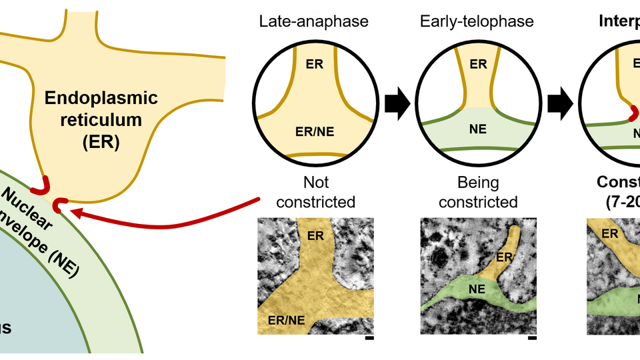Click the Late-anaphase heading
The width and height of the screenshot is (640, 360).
tap(313, 21)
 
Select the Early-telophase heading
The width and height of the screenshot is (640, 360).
tap(477, 21)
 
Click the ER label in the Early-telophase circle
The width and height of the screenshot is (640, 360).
tap(478, 64)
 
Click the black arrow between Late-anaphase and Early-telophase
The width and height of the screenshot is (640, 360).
tap(397, 105)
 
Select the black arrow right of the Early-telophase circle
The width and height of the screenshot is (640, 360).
tap(560, 105)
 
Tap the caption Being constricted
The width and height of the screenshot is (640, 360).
tap(478, 191)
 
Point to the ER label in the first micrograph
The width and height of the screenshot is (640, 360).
tap(315, 235)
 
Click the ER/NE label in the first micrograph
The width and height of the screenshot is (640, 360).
tap(287, 320)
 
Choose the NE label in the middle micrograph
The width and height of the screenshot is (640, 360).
tap(476, 289)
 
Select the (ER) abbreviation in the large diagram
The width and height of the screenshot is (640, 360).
tap(100, 142)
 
